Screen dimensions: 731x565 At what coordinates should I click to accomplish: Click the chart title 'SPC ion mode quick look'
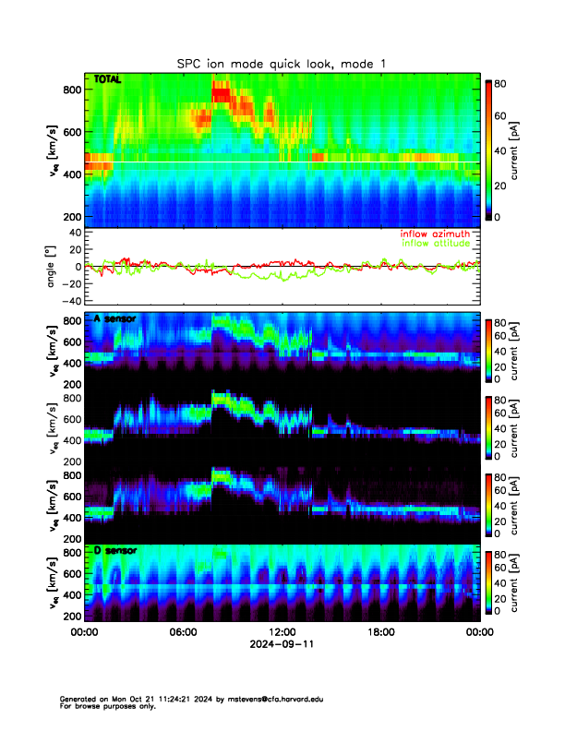282,63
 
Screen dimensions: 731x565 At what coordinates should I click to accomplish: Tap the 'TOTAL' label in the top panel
108,81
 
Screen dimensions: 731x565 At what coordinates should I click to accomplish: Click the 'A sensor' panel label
115,318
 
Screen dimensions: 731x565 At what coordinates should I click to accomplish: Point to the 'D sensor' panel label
115,551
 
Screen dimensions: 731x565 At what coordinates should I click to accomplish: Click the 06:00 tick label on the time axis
183,632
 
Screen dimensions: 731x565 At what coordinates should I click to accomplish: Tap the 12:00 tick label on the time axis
282,632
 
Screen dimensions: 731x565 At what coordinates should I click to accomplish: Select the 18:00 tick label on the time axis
380,632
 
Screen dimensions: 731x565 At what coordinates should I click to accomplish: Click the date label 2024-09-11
282,643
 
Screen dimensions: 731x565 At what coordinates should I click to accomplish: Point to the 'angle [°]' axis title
54,266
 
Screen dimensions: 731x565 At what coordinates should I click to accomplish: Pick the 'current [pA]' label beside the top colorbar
525,150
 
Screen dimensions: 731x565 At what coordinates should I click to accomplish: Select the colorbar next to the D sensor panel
489,582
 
